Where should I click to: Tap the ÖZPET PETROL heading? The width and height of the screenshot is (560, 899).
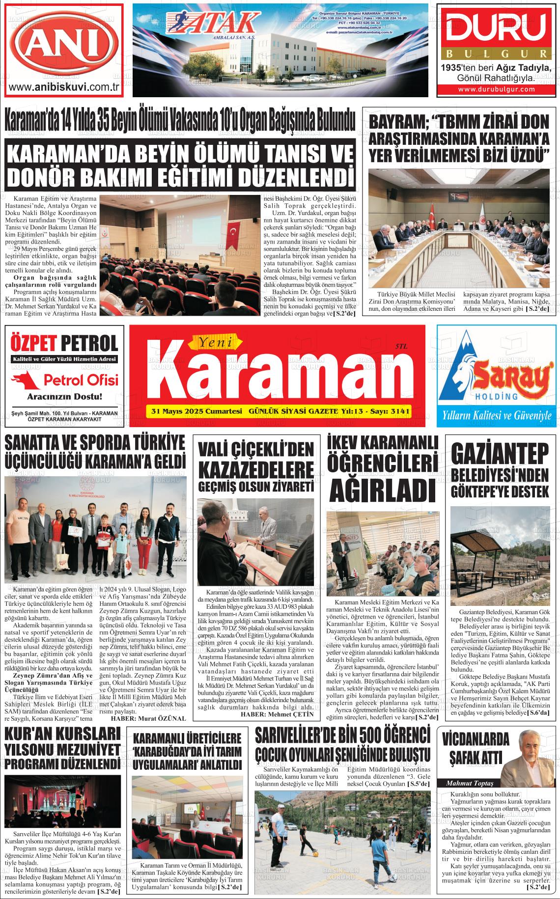(64, 343)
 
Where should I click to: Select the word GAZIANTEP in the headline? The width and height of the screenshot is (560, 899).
(500, 455)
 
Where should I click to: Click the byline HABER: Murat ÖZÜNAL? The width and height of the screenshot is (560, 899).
(149, 718)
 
